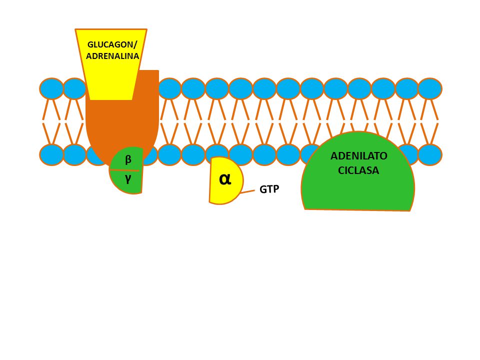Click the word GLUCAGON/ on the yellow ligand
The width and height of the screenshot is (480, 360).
coord(112,44)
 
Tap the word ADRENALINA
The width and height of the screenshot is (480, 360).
coord(112,56)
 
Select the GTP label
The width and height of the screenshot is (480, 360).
coord(269,189)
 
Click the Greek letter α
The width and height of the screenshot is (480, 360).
coord(225,179)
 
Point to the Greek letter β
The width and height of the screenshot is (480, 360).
coord(128,159)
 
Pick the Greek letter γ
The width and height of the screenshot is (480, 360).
coord(128,179)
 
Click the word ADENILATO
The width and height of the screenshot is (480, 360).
coord(359,156)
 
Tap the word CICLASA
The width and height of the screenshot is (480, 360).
coord(358,170)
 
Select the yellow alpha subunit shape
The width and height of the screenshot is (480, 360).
coord(225,180)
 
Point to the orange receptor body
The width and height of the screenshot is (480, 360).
coord(138,122)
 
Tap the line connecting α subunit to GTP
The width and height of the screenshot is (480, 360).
coord(247,192)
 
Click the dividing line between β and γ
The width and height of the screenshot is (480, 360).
coord(125,170)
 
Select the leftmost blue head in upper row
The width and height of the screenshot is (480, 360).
coord(51,88)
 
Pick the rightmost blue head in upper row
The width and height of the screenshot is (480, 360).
coord(430,88)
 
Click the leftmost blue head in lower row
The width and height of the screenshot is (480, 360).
coord(51,155)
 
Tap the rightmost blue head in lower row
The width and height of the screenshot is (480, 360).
coord(430,155)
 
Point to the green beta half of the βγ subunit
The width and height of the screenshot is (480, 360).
coord(127,159)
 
